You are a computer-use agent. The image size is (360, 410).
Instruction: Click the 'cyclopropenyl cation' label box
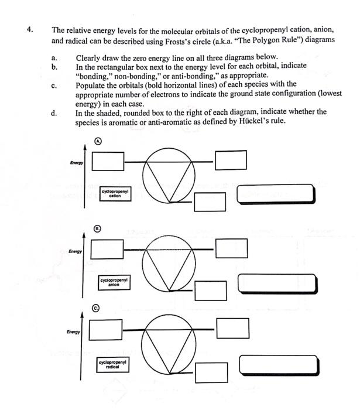click(115, 194)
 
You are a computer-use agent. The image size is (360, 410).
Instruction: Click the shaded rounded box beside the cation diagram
click(276, 194)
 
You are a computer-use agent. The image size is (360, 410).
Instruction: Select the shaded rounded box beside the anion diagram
click(277, 283)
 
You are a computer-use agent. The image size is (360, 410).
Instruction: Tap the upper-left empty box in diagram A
click(108, 159)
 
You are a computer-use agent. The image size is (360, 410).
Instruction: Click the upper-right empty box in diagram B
click(228, 248)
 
